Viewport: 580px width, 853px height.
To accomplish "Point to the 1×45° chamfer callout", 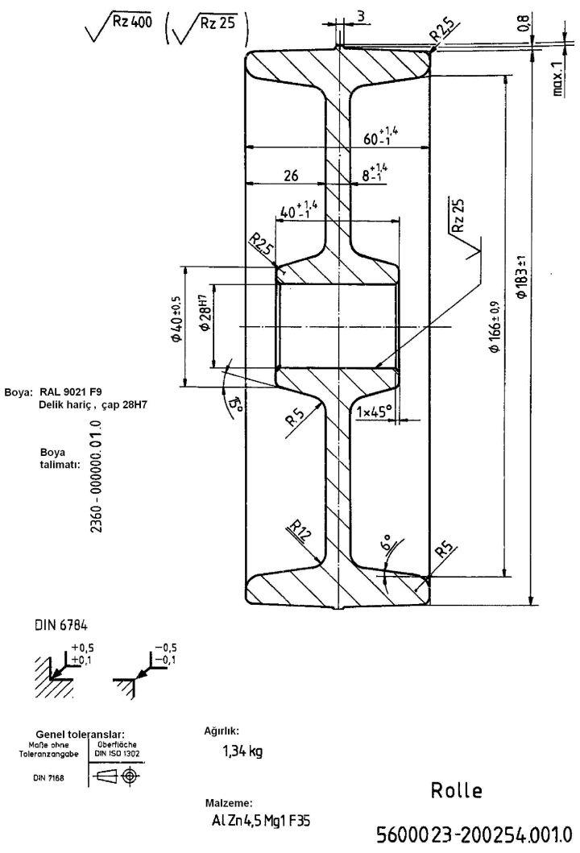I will pyautogui.click(x=374, y=411).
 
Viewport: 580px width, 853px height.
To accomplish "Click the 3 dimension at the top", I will pyautogui.click(x=362, y=15).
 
